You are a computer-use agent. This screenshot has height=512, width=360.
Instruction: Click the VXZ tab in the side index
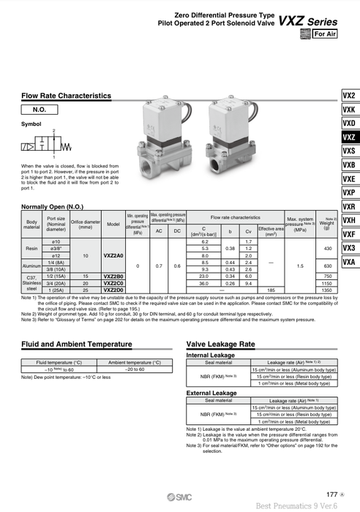(348, 137)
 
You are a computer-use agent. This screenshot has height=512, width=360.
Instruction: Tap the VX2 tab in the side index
(348, 95)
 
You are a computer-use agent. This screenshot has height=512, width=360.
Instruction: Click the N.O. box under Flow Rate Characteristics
(45, 110)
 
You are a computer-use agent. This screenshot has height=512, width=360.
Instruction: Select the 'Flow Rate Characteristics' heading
(67, 96)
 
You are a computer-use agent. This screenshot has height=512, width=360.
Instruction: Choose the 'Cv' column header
(249, 231)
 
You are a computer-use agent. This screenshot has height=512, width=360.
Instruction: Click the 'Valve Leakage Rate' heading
(221, 343)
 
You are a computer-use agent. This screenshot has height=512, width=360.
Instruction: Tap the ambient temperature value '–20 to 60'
(135, 370)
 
